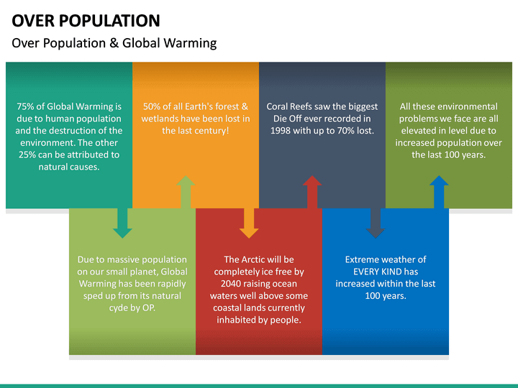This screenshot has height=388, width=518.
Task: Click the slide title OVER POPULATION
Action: coord(86,20)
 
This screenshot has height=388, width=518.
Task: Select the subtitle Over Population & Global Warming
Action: coord(114,43)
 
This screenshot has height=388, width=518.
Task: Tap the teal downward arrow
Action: coord(122,223)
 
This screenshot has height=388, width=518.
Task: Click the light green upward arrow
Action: coord(186,192)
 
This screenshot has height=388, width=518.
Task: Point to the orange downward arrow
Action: coord(249,223)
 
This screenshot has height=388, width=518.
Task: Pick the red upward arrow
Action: coord(312,192)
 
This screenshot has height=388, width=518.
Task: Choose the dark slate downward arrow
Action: coord(376,223)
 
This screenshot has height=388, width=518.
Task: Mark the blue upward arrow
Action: coord(439,192)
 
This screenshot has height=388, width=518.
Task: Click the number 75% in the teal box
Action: coord(27,106)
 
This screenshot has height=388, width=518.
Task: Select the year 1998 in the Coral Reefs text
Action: coord(281,131)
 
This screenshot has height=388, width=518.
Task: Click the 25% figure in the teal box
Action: coord(28,154)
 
